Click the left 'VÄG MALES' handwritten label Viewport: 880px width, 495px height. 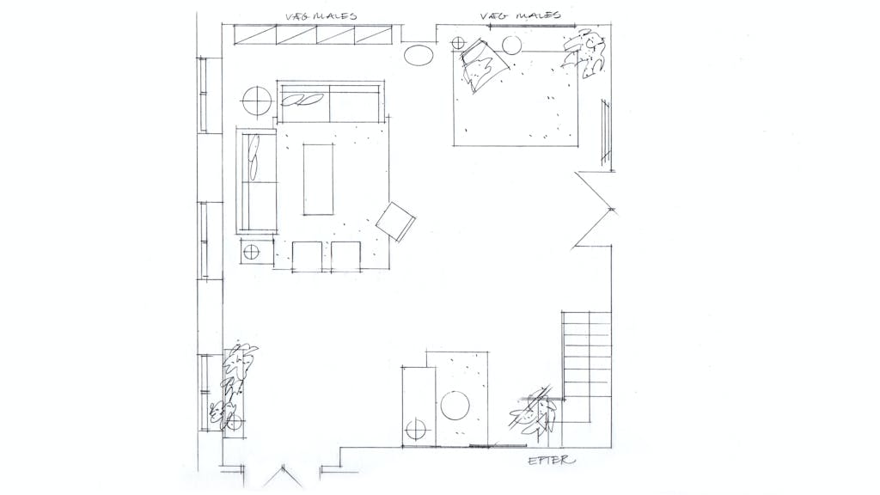[x=321, y=15]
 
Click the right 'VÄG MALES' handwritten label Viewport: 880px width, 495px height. [x=520, y=15]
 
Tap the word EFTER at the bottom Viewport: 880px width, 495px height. [x=552, y=461]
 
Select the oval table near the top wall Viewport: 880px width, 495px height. [x=419, y=55]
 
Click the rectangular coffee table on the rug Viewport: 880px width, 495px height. [x=319, y=179]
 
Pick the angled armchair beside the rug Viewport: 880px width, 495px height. [x=395, y=222]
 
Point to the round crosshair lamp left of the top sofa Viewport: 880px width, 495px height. [x=256, y=101]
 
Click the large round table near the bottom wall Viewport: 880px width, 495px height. [x=455, y=406]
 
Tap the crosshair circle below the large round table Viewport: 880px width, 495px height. [x=416, y=431]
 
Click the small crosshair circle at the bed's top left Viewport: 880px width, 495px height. [x=459, y=43]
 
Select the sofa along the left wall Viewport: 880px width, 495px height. [x=257, y=180]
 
